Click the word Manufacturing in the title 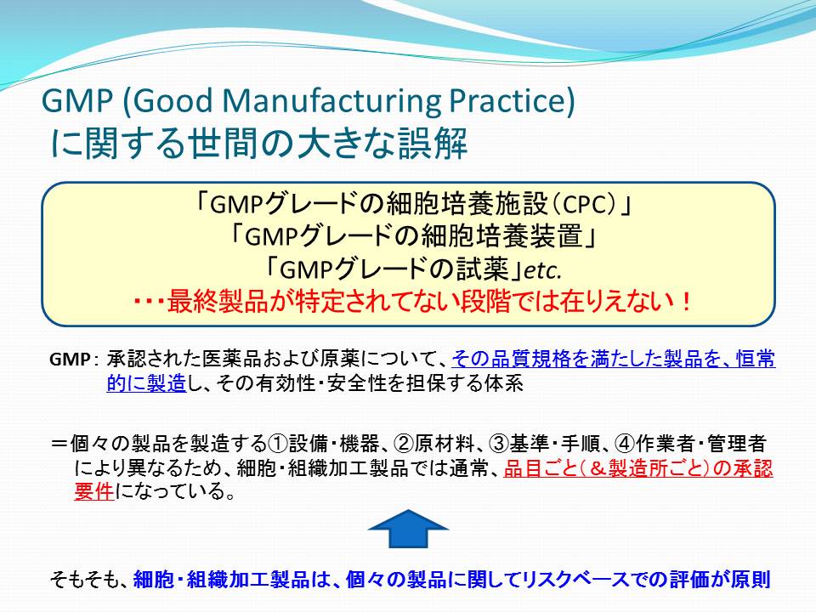[x=331, y=101]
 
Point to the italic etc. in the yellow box [x=543, y=270]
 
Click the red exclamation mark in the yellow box [x=686, y=301]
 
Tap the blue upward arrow [x=409, y=528]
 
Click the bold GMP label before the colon [x=70, y=360]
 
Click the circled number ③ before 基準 [x=500, y=444]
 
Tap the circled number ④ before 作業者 [x=625, y=444]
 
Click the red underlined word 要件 [x=94, y=490]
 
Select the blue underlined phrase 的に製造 [x=146, y=383]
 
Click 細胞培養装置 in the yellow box [x=501, y=237]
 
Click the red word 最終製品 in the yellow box [x=218, y=301]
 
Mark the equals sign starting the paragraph [x=59, y=444]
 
